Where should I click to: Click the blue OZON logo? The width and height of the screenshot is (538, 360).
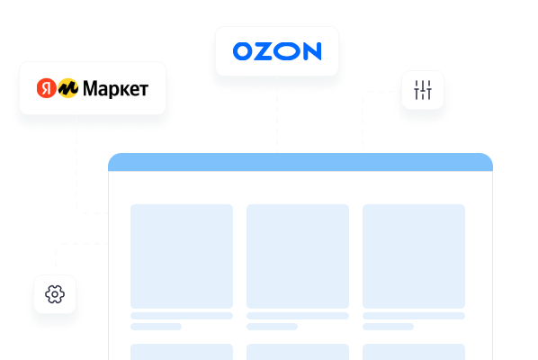tap(277, 51)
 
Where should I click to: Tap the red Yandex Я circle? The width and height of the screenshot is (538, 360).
tap(46, 88)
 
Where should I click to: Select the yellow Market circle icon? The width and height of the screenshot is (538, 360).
tap(68, 88)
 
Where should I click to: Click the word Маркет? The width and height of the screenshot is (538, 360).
tap(116, 89)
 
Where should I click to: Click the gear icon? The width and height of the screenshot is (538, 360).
tap(55, 294)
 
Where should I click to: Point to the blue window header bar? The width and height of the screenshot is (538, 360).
tap(300, 162)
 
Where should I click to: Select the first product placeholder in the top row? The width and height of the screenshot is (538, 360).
tap(182, 256)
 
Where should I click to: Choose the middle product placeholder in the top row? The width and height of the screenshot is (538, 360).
tap(298, 256)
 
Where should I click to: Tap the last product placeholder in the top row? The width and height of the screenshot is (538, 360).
tap(414, 256)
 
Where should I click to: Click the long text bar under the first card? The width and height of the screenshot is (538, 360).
tap(182, 316)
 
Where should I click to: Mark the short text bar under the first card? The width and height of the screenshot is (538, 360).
tap(156, 327)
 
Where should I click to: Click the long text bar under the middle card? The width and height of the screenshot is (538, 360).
tap(298, 316)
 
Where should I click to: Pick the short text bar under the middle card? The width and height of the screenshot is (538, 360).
tap(272, 327)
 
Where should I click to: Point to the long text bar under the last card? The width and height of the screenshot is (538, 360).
tap(414, 316)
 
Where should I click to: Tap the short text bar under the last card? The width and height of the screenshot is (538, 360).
tap(388, 327)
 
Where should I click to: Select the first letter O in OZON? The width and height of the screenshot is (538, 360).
tap(243, 51)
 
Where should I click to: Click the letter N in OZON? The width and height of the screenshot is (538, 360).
tap(312, 51)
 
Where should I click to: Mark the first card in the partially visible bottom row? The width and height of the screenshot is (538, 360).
tap(182, 352)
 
